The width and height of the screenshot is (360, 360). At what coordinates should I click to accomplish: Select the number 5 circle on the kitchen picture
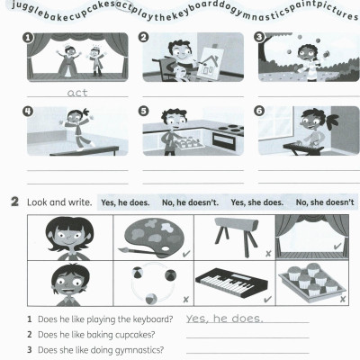point(144,111)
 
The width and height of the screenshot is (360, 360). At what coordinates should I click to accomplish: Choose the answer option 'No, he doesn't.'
point(190,202)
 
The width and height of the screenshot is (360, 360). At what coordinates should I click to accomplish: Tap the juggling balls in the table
point(148,284)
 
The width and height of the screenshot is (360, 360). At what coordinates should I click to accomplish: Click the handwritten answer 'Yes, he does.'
point(224,319)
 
